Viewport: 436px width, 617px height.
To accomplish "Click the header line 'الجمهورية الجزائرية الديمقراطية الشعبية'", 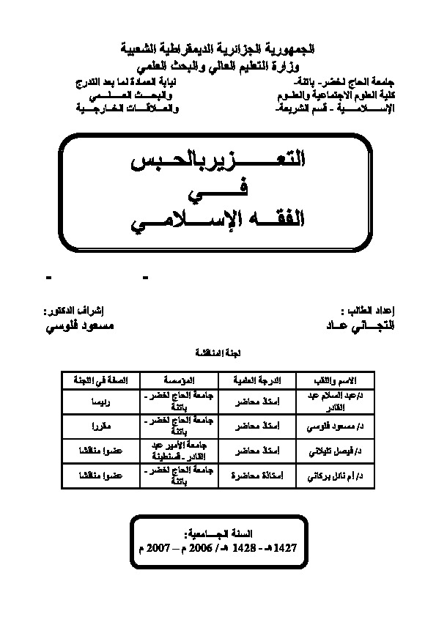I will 218,48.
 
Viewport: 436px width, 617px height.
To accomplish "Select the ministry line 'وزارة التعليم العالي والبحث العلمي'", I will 218,64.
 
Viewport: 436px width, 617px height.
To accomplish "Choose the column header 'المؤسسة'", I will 178,380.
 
